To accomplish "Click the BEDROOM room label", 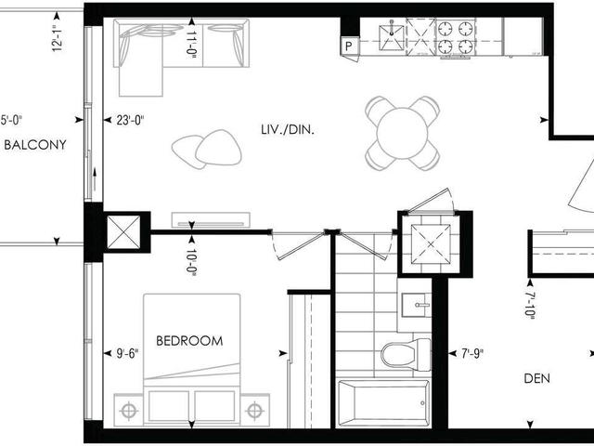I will point(189,341).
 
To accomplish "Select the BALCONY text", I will point(34,145).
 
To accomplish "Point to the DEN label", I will point(537,378).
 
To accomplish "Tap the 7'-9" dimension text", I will point(472,353).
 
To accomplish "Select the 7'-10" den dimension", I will point(529,304).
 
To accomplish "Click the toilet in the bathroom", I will point(407,353).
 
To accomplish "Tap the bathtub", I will point(383,401).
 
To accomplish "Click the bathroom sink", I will point(415,303).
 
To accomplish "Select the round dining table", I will point(403,132).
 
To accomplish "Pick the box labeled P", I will point(349,44).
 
